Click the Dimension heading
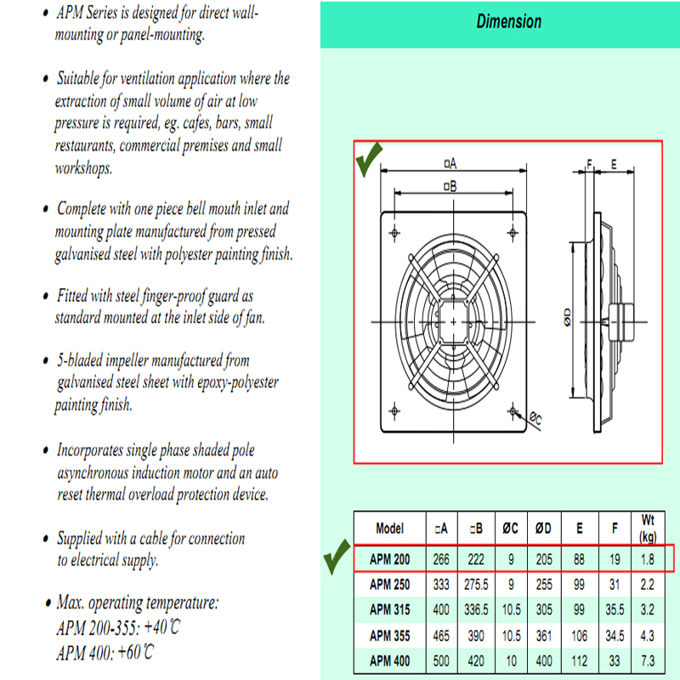tap(508, 21)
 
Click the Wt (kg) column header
tap(649, 528)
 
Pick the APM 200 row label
tap(390, 558)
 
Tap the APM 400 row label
tap(390, 660)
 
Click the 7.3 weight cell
tap(649, 660)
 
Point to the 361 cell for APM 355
tap(543, 635)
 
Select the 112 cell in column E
tap(580, 660)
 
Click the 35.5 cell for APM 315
tap(614, 609)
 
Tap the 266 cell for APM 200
tap(441, 558)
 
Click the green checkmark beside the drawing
tap(369, 161)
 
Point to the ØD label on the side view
tap(566, 318)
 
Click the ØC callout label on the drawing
tap(535, 417)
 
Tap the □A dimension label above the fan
tap(450, 163)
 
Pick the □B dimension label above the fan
tap(450, 185)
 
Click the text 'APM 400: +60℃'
tap(105, 653)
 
